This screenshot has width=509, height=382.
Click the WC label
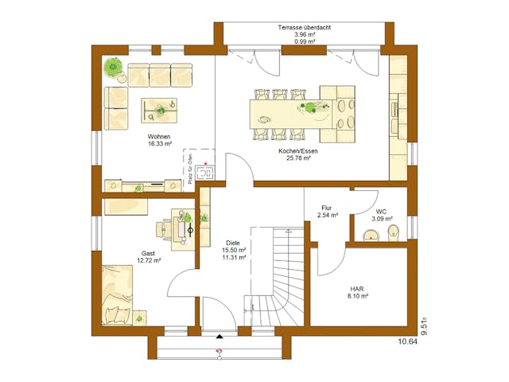tap(381, 211)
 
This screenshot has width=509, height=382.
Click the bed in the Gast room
tap(118, 295)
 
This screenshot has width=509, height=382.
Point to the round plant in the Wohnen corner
tap(115, 69)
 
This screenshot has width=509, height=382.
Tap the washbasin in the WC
tap(368, 235)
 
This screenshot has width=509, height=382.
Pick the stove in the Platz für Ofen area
tap(205, 171)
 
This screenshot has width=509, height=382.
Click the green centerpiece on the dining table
tap(306, 106)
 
